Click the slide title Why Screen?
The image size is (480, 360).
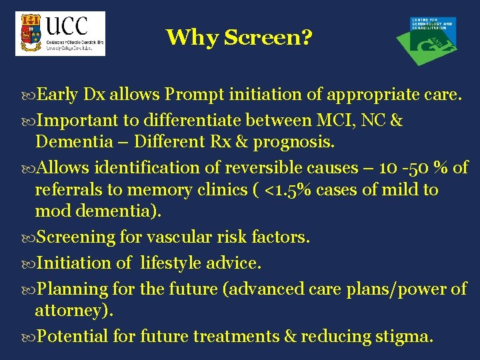tap(239, 37)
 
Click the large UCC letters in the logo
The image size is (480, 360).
tap(67, 26)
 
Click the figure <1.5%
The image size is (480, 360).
tap(283, 191)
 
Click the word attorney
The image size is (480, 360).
tap(72, 311)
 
